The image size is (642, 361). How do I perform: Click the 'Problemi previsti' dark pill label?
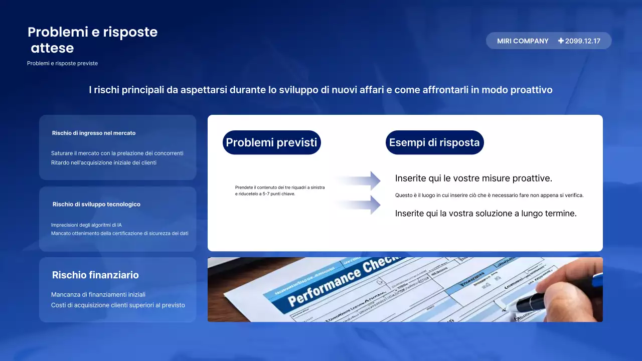(x=271, y=142)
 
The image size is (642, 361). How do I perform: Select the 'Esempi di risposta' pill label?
(x=434, y=142)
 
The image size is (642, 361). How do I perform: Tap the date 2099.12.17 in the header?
(x=582, y=41)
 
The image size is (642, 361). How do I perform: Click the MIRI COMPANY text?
(x=523, y=41)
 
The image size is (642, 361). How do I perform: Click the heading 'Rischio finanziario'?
(x=95, y=275)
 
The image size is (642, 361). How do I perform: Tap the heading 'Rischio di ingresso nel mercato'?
(x=94, y=133)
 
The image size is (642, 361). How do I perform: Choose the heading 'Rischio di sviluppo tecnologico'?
(x=96, y=205)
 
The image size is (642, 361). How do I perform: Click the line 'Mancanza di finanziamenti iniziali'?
(x=98, y=295)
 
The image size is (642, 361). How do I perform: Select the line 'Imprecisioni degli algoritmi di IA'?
(x=86, y=225)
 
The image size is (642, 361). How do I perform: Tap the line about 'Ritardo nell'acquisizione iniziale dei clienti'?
(x=104, y=162)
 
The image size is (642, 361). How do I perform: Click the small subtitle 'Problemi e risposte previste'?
(x=62, y=64)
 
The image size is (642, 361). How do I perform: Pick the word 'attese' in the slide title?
(x=52, y=48)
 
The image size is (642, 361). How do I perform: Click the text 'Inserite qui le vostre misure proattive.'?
(x=473, y=178)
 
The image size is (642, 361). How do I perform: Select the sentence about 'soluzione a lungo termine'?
(x=486, y=214)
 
